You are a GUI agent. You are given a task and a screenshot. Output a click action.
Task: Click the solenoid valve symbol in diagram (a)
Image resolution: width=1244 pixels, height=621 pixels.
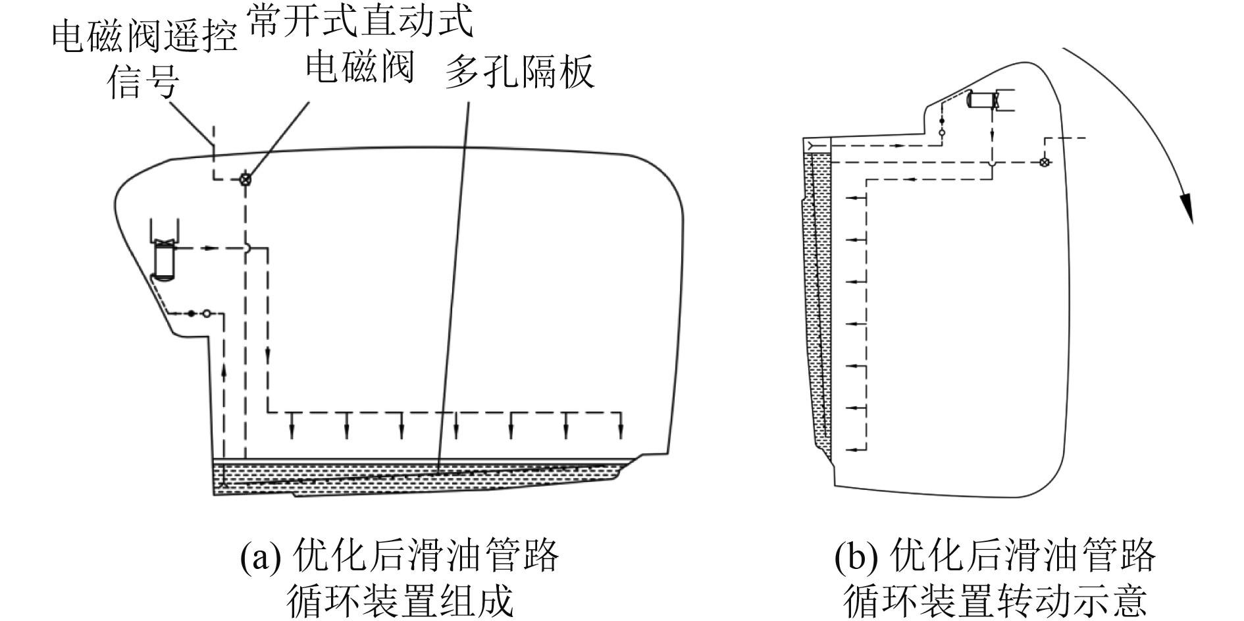point(245,179)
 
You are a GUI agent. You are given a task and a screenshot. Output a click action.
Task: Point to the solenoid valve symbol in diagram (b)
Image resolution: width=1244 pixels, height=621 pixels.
point(1043,162)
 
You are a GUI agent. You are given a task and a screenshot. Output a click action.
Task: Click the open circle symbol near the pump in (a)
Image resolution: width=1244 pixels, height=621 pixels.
point(207,313)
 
